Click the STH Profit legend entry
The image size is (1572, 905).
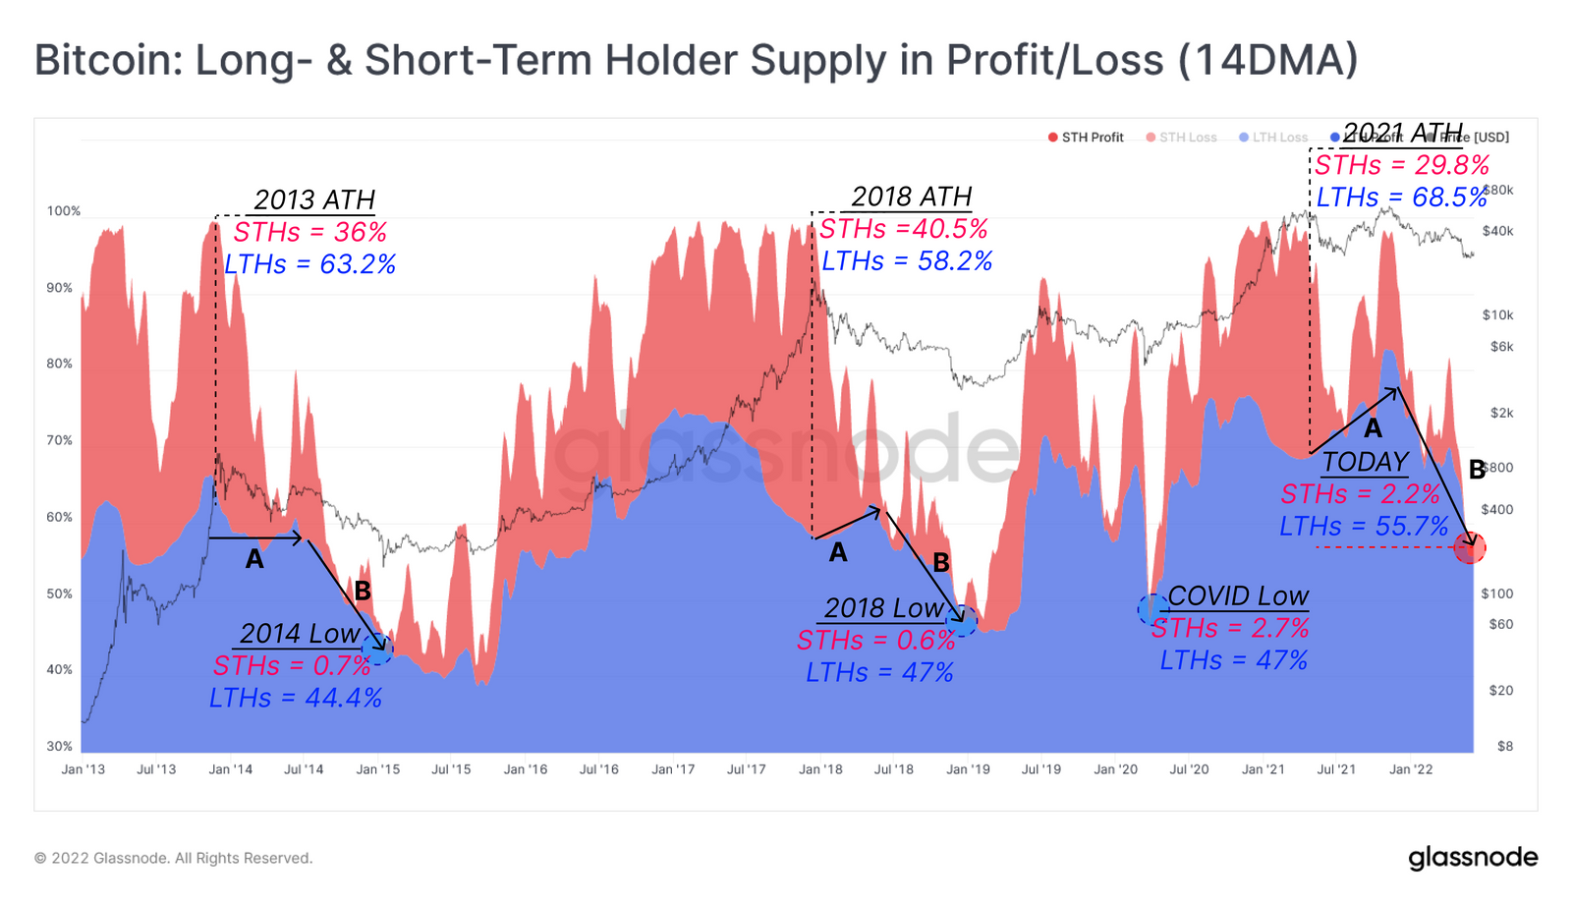pos(1086,138)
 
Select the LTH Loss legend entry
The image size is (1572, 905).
pos(1273,138)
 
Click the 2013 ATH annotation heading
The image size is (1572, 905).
pos(314,200)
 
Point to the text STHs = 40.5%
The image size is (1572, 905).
pos(903,229)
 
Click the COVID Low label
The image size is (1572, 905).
pos(1238,596)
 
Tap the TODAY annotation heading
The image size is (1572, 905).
pos(1365,462)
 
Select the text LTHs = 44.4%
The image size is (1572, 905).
pos(296,698)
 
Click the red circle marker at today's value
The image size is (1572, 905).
pos(1470,548)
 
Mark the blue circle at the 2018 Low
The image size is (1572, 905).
pos(963,621)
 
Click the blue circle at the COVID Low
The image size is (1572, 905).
pos(1151,609)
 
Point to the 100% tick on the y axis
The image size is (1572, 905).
pos(64,211)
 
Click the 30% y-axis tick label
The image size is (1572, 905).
pos(59,746)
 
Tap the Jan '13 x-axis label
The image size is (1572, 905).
pos(83,769)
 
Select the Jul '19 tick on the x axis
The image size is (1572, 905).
pos(1041,769)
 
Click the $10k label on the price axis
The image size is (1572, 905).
pos(1497,315)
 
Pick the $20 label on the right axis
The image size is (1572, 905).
pos(1500,691)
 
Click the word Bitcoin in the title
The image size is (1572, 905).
pos(102,60)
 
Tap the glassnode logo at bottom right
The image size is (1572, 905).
pos(1473,858)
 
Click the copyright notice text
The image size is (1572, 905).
pos(174,858)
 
